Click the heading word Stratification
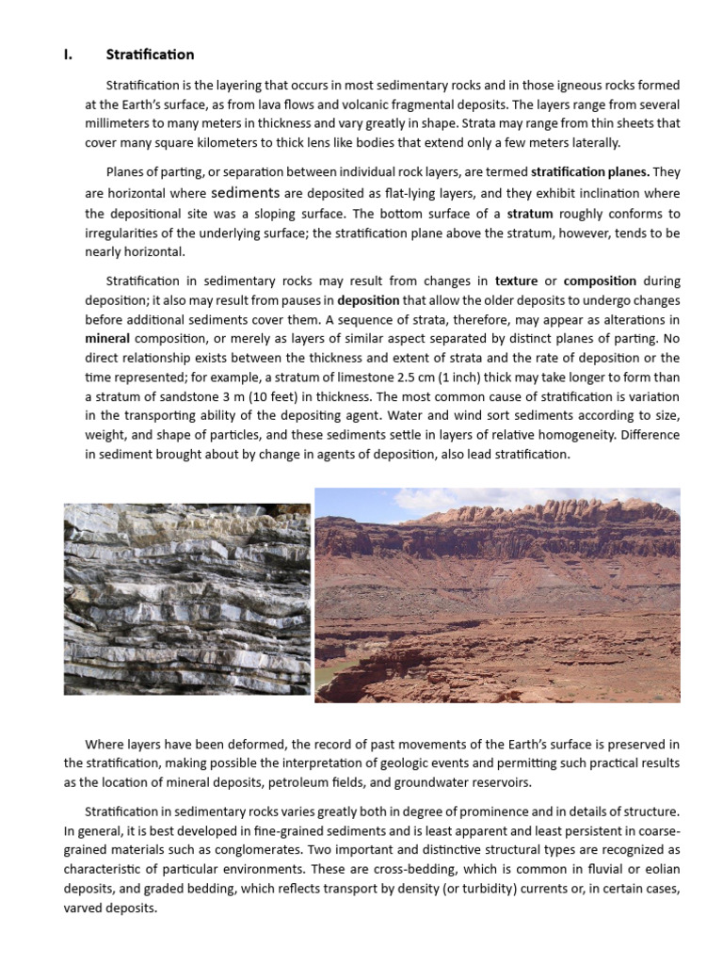[150, 55]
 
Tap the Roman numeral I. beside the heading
[68, 55]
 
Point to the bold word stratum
[529, 214]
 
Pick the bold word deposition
[368, 301]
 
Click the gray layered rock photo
[186, 599]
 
